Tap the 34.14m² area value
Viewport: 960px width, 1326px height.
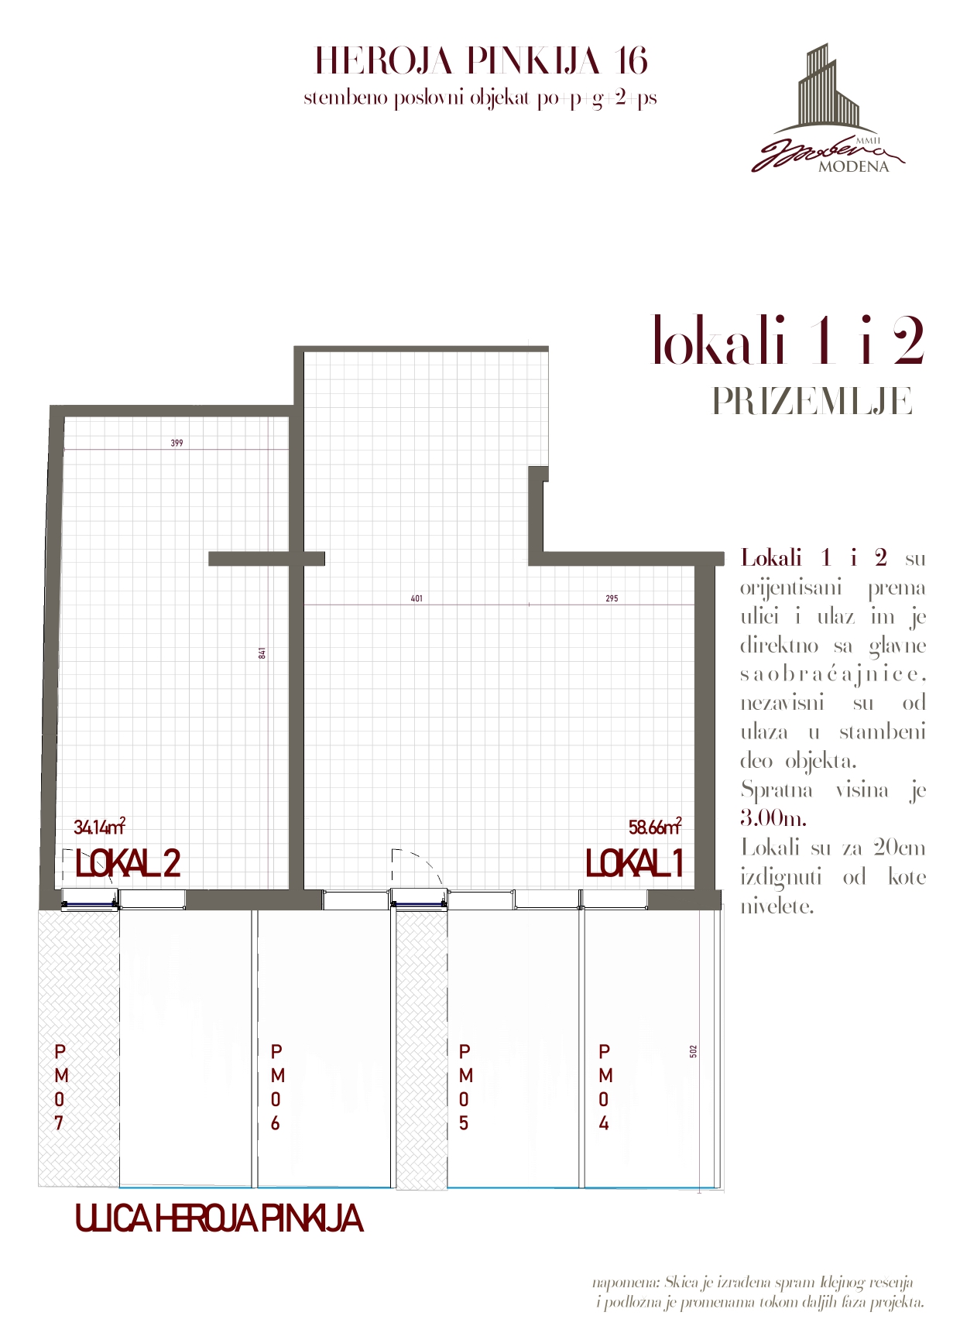pyautogui.click(x=99, y=826)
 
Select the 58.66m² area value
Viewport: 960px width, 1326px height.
pyautogui.click(x=654, y=826)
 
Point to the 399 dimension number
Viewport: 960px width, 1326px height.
pyautogui.click(x=177, y=443)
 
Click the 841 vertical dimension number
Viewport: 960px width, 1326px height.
pyautogui.click(x=262, y=653)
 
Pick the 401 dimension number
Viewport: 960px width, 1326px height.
pyautogui.click(x=417, y=598)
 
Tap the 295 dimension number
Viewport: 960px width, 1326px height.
pyautogui.click(x=612, y=598)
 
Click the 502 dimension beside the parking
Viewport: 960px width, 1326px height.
pyautogui.click(x=693, y=1051)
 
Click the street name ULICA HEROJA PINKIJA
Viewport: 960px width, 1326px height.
pyautogui.click(x=218, y=1220)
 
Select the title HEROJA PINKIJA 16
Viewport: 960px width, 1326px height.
pyautogui.click(x=481, y=60)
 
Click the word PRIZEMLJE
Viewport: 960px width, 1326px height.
pyautogui.click(x=811, y=401)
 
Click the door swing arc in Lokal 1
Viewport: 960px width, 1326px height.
pyautogui.click(x=427, y=862)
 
